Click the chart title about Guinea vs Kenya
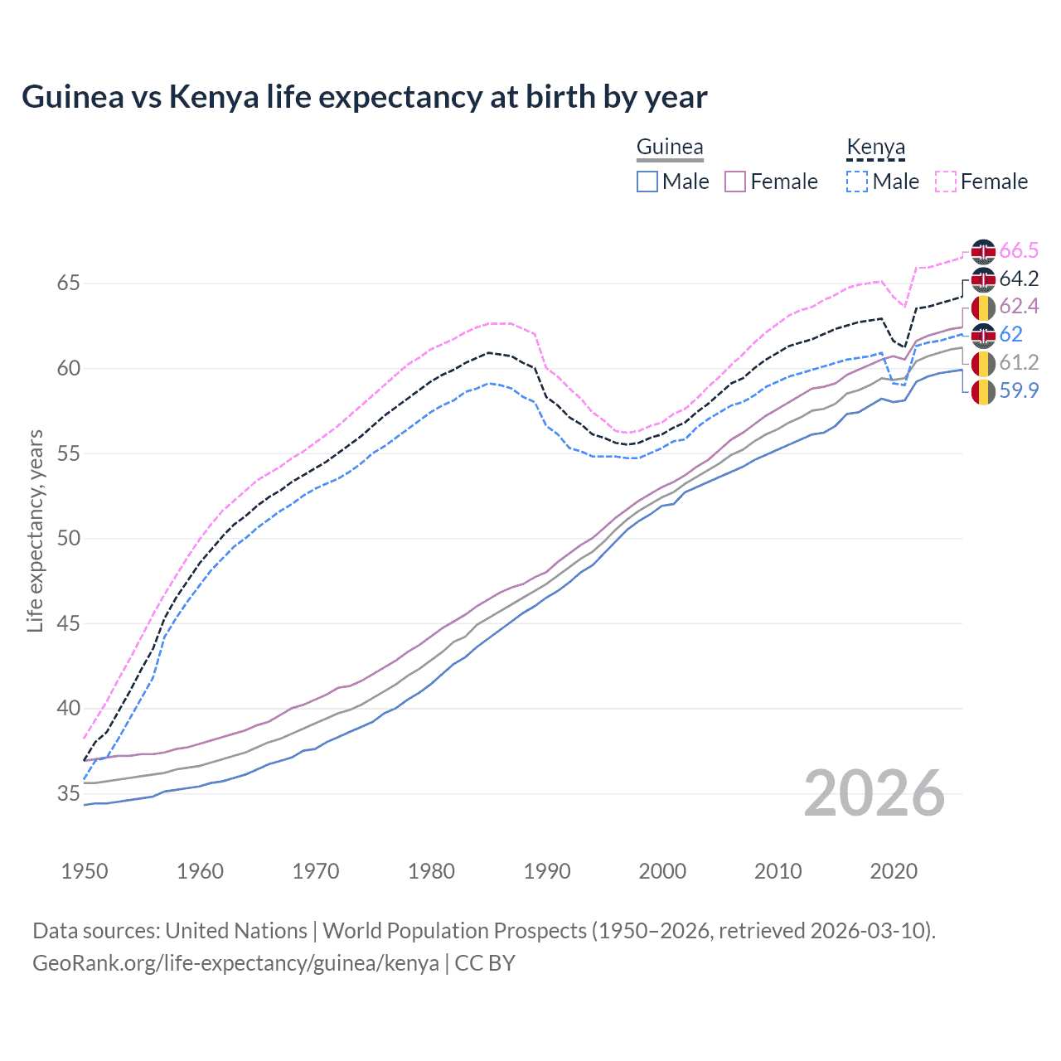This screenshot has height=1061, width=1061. (365, 97)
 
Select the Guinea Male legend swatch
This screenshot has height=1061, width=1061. (647, 182)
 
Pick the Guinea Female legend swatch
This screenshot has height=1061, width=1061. (735, 182)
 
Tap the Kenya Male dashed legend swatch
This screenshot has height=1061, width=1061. (857, 182)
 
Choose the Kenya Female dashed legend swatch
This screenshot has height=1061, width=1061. (946, 182)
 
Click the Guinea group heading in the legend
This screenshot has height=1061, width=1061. (670, 148)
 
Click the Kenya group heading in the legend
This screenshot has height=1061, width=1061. (875, 148)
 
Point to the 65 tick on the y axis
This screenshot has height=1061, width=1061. (69, 283)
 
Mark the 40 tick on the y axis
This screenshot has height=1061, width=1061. (69, 709)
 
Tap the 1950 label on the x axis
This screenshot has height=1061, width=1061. (85, 871)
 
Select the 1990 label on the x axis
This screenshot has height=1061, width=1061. (547, 871)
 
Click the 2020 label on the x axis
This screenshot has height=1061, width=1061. (894, 871)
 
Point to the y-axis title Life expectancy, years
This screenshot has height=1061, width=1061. (35, 530)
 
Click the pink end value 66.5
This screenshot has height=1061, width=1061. (1019, 251)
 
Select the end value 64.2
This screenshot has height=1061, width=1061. (1019, 279)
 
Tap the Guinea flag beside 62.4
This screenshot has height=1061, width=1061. (983, 308)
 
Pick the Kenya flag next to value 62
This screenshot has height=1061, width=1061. (983, 335)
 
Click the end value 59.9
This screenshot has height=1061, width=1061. (1019, 390)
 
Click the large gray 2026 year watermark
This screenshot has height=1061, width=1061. (874, 794)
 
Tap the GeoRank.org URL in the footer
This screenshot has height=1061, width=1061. (235, 963)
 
